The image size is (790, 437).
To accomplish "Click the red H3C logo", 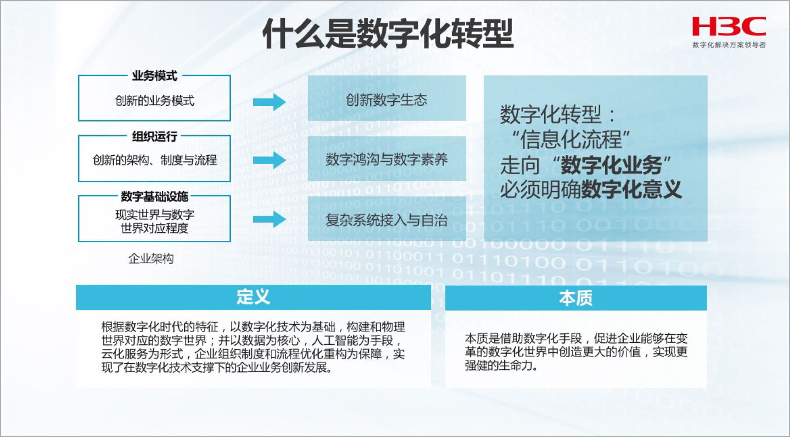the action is coord(729,26).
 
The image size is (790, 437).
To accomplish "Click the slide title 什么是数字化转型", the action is coord(388,34).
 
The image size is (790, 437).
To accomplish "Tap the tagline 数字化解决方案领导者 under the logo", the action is coord(729,45).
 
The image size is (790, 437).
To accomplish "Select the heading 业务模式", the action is coord(154,76).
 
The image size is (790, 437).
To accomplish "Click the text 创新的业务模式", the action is coord(154,100).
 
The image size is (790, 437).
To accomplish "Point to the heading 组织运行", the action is coord(154,136).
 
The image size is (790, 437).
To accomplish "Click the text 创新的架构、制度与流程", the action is coord(154,160).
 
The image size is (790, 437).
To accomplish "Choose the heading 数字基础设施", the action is coord(154,196).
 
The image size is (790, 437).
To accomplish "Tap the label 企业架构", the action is coord(151,258).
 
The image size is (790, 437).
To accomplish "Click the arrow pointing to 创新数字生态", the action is coord(269,102).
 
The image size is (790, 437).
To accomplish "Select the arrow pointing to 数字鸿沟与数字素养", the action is coord(269,160).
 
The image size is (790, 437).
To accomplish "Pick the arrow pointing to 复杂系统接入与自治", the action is coord(269,219).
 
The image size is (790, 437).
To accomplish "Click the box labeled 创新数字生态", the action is coord(387,98).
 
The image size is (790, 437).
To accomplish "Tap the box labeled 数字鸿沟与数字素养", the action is coord(387,158).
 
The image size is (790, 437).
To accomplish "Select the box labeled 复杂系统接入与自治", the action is coord(387,218).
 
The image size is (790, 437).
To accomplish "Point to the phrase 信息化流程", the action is coord(571,140).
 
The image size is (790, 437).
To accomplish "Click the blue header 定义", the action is coord(253,297).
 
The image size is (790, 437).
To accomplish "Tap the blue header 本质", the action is coord(576,298).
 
